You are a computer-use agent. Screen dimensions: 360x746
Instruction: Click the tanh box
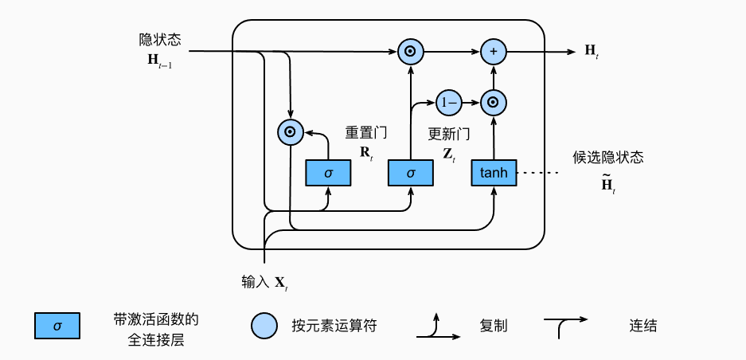494,172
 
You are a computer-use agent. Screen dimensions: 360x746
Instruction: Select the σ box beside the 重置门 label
328,172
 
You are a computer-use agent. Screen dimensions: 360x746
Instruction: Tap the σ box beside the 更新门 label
411,172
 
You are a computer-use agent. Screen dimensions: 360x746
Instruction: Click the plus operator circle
494,53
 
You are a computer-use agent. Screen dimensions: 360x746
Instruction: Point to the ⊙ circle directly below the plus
494,102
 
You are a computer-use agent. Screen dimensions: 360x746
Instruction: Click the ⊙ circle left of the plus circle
410,53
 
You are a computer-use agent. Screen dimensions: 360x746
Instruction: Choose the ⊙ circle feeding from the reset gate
289,132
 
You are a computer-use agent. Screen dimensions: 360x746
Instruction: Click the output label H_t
592,52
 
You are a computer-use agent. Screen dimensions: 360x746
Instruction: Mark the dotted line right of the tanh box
542,172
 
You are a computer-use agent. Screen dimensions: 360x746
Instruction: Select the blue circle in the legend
264,325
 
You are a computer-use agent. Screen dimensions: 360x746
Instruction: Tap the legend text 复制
494,326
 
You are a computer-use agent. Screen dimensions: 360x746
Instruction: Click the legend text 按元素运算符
334,326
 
